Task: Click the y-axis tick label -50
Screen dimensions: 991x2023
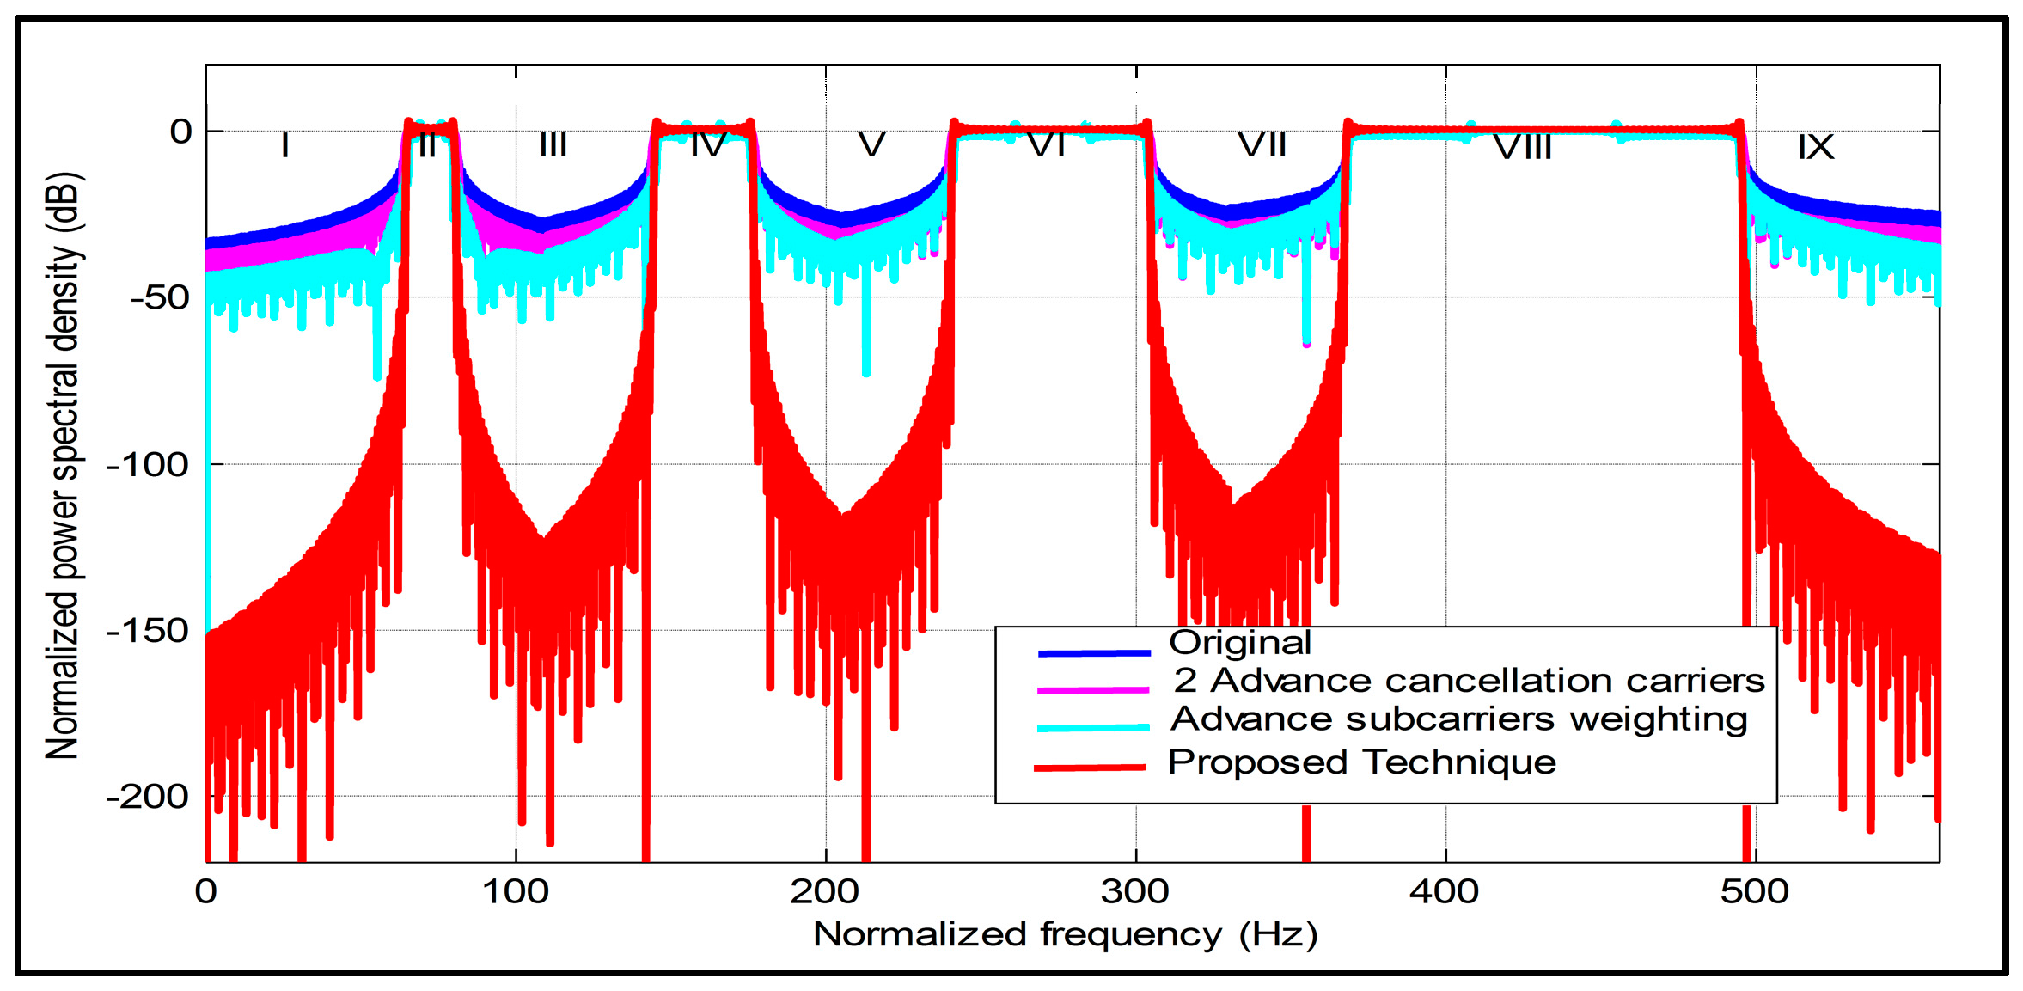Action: tap(160, 298)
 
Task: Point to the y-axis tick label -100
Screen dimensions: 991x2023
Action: tap(148, 465)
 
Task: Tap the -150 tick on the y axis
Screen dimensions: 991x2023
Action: tap(148, 631)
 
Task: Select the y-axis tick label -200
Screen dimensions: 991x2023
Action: tap(148, 797)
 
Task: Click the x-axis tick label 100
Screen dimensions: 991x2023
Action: tap(515, 891)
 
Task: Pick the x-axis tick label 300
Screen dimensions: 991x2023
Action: tap(1134, 891)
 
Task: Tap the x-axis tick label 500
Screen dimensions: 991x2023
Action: tap(1754, 891)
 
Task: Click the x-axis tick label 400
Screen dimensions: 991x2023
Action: tap(1444, 891)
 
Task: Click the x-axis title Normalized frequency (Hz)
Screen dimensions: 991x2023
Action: tap(1065, 934)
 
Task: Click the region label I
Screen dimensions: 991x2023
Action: tap(284, 145)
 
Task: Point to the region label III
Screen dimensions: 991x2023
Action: tap(553, 144)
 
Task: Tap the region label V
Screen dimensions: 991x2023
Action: tap(871, 144)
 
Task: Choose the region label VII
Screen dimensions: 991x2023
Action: tap(1262, 144)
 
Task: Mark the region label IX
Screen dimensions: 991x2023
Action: tap(1815, 147)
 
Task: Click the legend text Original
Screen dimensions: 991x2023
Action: tap(1239, 642)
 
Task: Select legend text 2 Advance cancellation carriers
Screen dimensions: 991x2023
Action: tap(1469, 681)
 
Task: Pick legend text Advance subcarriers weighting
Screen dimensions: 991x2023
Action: tap(1458, 719)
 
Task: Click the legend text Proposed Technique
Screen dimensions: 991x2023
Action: tap(1361, 762)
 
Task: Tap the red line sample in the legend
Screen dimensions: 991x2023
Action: tap(1090, 767)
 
